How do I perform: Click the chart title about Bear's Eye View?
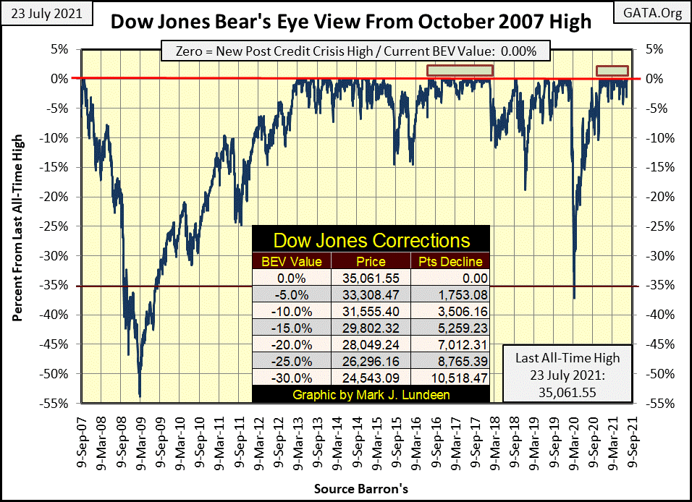pyautogui.click(x=350, y=22)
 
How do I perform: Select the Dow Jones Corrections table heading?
pyautogui.click(x=371, y=240)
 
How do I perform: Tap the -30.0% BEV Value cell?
pyautogui.click(x=292, y=379)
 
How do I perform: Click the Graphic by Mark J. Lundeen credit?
pyautogui.click(x=371, y=395)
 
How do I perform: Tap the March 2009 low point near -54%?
pyautogui.click(x=140, y=396)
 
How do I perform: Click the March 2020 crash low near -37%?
pyautogui.click(x=574, y=297)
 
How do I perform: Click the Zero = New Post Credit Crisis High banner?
pyautogui.click(x=355, y=51)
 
